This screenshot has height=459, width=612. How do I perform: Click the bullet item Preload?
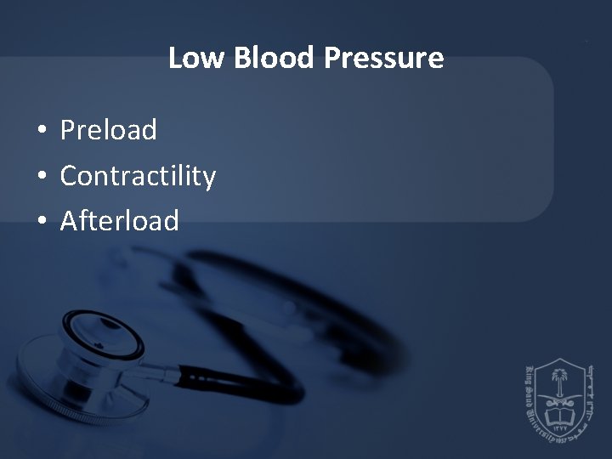coord(109,130)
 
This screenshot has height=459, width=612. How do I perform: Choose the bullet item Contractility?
coord(138,176)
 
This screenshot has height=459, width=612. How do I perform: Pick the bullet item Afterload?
coord(120,221)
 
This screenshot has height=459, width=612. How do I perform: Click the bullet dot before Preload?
coord(41,131)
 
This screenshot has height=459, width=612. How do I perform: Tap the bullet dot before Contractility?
coord(41,177)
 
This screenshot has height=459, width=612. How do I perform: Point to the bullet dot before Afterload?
coord(41,222)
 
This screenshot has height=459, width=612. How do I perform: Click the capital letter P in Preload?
coord(67,130)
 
